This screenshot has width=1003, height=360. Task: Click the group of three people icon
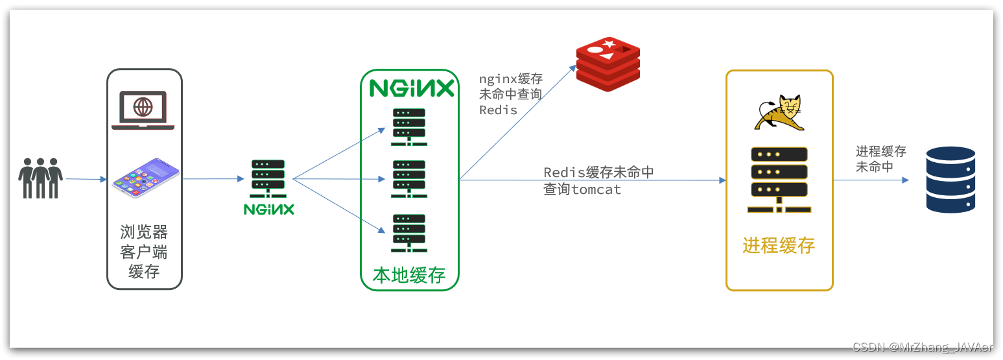(x=40, y=178)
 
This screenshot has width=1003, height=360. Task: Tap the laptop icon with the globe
(x=143, y=110)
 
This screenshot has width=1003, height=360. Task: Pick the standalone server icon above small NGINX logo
(x=268, y=178)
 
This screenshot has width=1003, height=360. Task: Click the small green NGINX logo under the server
(x=268, y=209)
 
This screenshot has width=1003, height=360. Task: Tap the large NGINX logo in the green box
(x=412, y=88)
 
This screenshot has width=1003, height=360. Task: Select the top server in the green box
(x=408, y=127)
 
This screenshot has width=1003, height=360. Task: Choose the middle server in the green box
(x=408, y=179)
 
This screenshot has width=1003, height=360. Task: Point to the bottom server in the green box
(x=408, y=232)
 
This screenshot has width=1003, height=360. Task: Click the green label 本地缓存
(x=409, y=275)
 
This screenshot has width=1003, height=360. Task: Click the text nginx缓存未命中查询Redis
(x=510, y=95)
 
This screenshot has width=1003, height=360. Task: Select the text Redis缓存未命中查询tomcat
(x=598, y=181)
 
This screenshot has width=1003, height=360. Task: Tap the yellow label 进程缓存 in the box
(x=779, y=246)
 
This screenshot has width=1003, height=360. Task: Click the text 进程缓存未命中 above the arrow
(x=880, y=159)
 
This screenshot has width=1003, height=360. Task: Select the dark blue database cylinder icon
(x=950, y=180)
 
